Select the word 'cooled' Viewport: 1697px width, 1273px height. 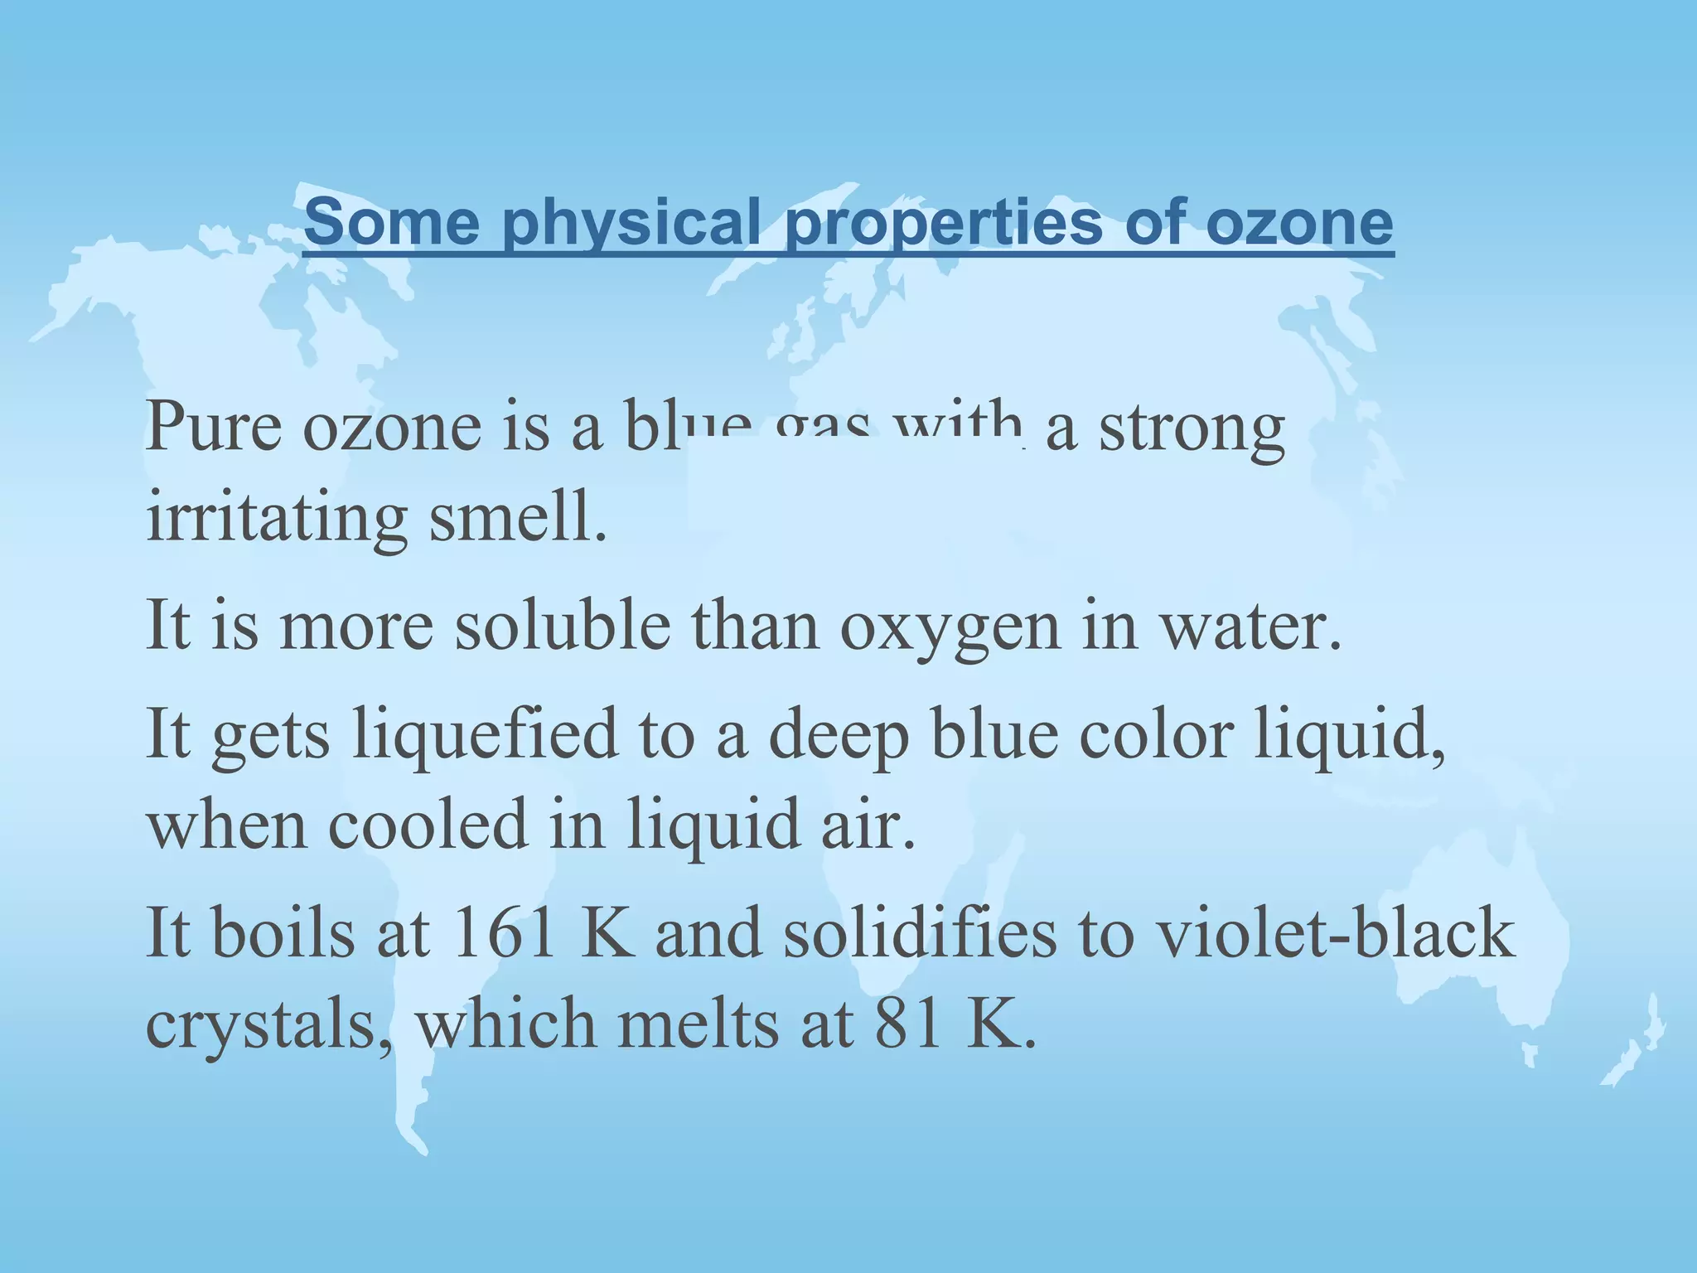pos(428,825)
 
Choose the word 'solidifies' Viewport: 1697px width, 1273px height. pos(919,933)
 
